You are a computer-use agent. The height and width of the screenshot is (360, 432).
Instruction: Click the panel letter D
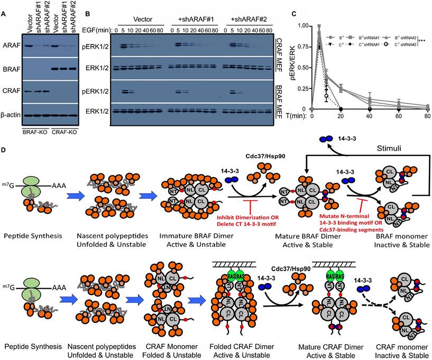(4, 151)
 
